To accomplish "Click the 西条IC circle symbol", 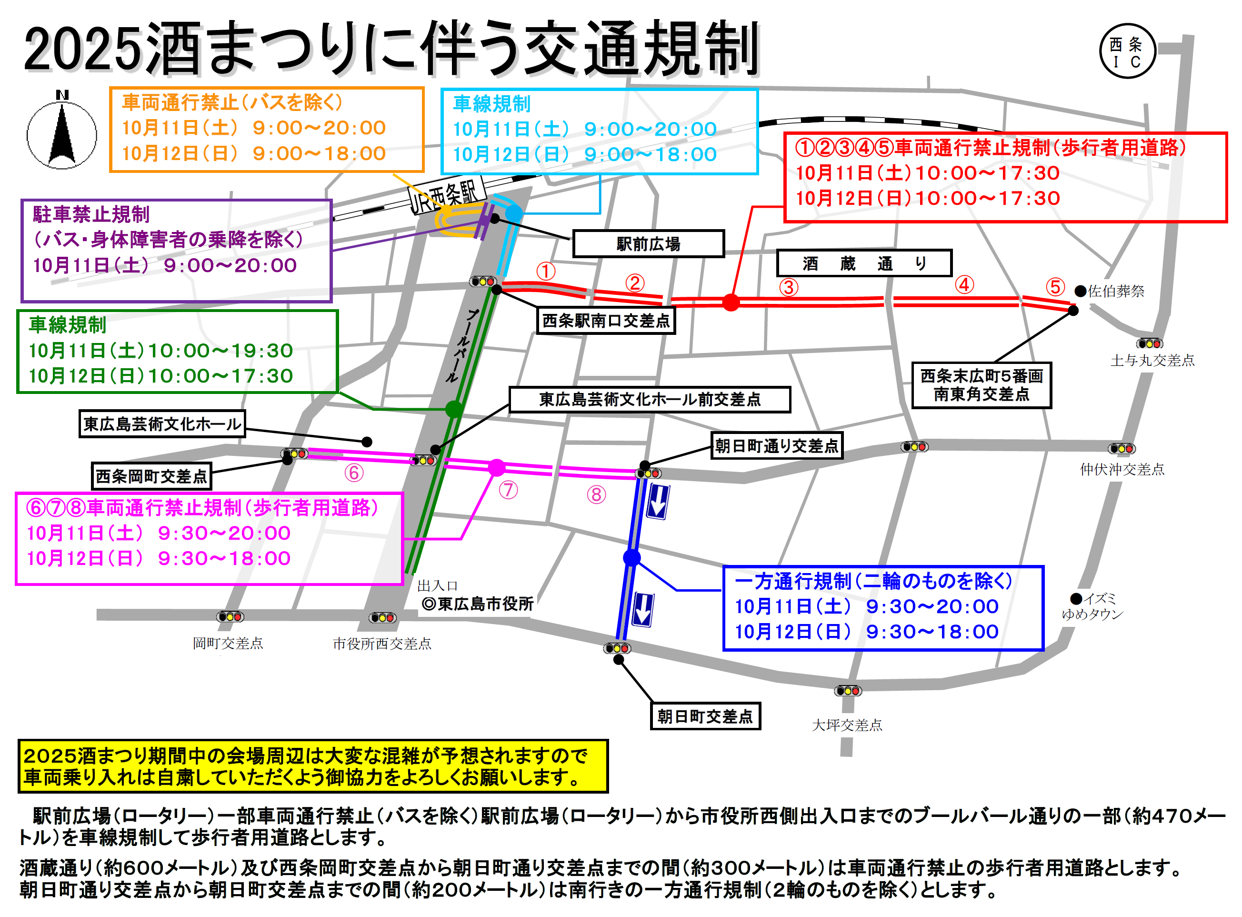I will pos(1127,51).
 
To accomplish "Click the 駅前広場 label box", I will pos(648,244).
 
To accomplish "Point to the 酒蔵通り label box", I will pos(863,263).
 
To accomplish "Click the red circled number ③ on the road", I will pos(789,288).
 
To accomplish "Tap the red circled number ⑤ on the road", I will pos(1055,287).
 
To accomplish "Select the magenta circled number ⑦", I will pos(508,490).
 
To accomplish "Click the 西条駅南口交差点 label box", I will pos(606,321).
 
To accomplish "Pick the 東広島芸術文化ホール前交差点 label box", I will pos(649,400).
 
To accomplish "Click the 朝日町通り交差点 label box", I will pos(776,446).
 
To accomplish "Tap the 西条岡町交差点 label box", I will pos(151,476).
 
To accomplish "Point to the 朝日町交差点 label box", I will pos(705,716).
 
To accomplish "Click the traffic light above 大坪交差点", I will pos(848,691).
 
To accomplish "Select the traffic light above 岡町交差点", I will pos(230,617).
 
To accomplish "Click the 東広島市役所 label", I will pos(478,604).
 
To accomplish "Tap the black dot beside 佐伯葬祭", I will pos(1081,292).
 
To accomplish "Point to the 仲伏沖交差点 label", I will pos(1122,470).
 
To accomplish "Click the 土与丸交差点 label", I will pos(1152,361).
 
